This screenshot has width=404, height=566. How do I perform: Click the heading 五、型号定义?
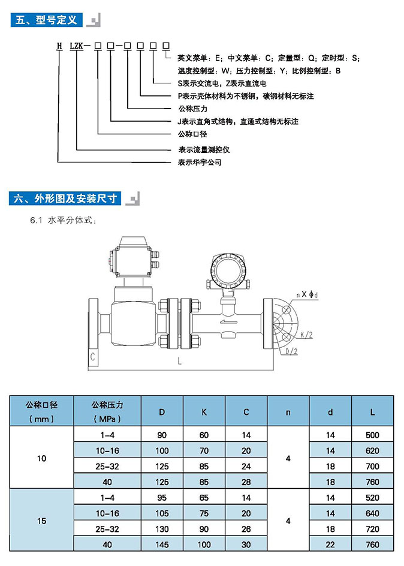(47, 20)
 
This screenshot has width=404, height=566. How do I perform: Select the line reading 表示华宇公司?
(200, 162)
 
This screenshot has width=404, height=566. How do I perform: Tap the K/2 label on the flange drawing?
(304, 333)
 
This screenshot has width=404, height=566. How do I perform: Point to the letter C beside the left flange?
(94, 357)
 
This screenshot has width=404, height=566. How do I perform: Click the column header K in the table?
(204, 412)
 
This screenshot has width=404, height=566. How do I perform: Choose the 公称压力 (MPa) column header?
(106, 411)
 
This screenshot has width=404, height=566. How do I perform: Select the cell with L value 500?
(373, 435)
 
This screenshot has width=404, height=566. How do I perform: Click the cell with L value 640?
(373, 513)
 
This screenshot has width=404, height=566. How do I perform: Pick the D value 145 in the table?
(162, 544)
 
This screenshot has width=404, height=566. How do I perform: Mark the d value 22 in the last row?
(330, 544)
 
